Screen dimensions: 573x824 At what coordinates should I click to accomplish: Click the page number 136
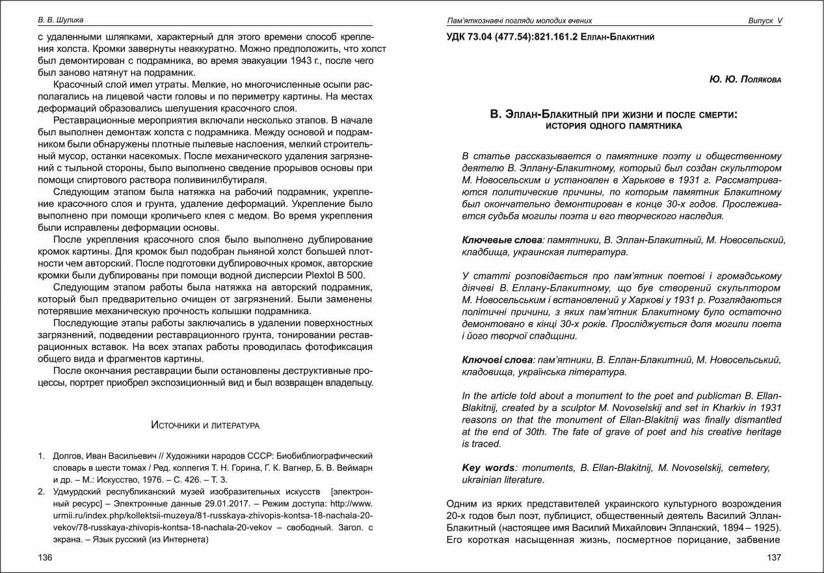click(45, 557)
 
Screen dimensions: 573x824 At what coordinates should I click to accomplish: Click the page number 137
click(774, 557)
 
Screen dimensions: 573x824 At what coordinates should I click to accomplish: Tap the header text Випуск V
click(765, 21)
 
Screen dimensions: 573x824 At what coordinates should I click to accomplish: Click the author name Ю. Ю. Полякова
click(745, 79)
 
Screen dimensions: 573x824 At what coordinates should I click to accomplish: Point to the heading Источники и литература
click(205, 425)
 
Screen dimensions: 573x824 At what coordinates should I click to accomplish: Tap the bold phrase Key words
click(488, 468)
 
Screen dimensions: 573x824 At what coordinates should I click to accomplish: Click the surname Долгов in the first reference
click(67, 455)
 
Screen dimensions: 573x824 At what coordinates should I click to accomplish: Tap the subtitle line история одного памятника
click(614, 126)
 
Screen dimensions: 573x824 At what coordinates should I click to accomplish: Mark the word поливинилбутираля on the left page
click(207, 180)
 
